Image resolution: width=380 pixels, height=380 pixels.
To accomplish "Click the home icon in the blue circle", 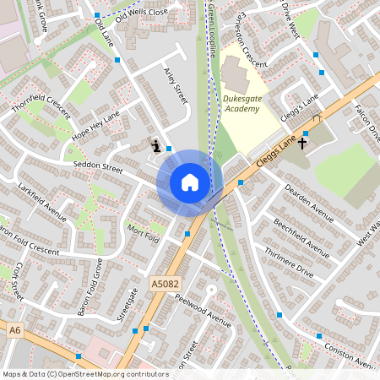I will pos(190,182).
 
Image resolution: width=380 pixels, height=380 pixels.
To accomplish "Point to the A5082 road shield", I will pos(166,285).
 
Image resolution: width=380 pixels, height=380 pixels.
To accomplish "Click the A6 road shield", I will pos(14,330).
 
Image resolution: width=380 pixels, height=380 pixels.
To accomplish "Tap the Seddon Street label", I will pos(99,167).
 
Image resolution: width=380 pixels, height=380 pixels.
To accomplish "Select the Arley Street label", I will pos(176,87).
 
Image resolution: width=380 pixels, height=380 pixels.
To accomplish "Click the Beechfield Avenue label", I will pos(301,236).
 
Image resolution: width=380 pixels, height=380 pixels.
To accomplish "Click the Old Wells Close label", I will pos(141,14).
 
